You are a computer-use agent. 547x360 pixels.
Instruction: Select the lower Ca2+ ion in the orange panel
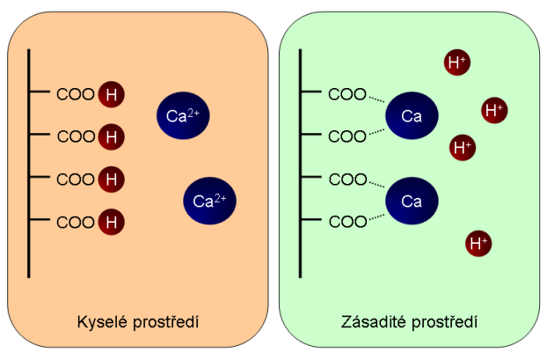pyautogui.click(x=209, y=200)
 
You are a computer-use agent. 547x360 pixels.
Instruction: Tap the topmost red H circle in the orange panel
pyautogui.click(x=111, y=92)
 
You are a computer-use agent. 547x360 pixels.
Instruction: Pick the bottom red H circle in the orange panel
pyautogui.click(x=111, y=222)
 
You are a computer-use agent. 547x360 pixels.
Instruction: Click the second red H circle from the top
pyautogui.click(x=111, y=136)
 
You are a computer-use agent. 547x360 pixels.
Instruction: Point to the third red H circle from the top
pyautogui.click(x=111, y=179)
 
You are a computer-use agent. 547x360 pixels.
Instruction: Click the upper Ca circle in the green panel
pyautogui.click(x=412, y=116)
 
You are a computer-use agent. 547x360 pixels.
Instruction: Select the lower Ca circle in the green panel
pyautogui.click(x=412, y=201)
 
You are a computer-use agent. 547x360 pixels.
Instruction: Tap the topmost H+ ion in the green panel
pyautogui.click(x=457, y=62)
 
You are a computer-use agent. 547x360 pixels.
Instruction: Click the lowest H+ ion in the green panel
pyautogui.click(x=479, y=242)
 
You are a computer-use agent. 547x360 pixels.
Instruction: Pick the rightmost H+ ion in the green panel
pyautogui.click(x=494, y=110)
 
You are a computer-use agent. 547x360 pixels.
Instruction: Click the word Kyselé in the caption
pyautogui.click(x=98, y=321)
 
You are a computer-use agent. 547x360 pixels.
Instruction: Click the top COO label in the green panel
pyautogui.click(x=346, y=93)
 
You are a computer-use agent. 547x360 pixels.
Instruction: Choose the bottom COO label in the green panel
pyautogui.click(x=346, y=221)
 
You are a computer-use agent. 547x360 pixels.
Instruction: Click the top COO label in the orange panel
pyautogui.click(x=76, y=93)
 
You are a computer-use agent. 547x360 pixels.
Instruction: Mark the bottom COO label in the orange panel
pyautogui.click(x=76, y=222)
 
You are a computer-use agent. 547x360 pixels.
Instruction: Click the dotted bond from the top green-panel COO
pyautogui.click(x=377, y=99)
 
